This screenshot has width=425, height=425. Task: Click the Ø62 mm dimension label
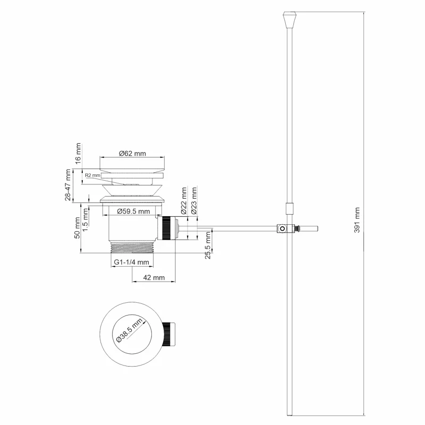click(x=132, y=153)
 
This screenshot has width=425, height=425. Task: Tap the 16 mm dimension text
click(x=78, y=152)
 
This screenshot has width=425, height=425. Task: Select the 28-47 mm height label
click(x=68, y=185)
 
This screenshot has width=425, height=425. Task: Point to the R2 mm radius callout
click(x=92, y=175)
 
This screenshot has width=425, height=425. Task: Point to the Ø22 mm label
click(x=184, y=200)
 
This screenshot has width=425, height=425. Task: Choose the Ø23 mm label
click(x=194, y=200)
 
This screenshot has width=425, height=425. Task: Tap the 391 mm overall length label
click(x=357, y=219)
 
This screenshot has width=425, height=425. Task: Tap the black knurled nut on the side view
click(x=168, y=228)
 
